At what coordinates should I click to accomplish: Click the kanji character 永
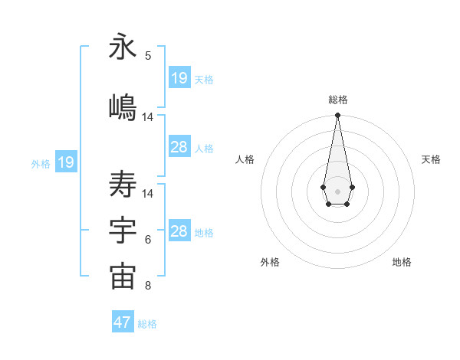tap(123, 47)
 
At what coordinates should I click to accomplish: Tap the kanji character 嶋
tap(123, 108)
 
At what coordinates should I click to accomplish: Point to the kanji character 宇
tap(123, 231)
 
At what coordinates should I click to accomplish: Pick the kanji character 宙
tap(123, 277)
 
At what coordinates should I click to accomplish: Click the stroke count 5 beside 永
tap(148, 55)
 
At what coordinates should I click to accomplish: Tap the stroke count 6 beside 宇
tap(148, 240)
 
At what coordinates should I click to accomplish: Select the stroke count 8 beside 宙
tap(148, 286)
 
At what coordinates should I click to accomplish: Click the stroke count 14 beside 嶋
tap(148, 117)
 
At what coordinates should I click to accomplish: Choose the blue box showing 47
tap(122, 322)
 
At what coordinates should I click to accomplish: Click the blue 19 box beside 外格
tap(66, 162)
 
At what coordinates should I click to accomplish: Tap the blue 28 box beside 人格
tap(179, 147)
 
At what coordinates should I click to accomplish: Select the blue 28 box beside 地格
tap(179, 231)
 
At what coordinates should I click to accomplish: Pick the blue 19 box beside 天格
tap(179, 78)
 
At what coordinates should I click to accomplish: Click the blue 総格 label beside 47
tap(147, 324)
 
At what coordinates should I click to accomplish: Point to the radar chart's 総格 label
tap(337, 100)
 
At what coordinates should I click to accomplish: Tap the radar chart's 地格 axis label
tap(402, 263)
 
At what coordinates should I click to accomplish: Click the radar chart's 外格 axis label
tap(270, 263)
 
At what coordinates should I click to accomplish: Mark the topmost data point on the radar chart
tap(337, 116)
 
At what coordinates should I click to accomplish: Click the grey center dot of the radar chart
tap(337, 190)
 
